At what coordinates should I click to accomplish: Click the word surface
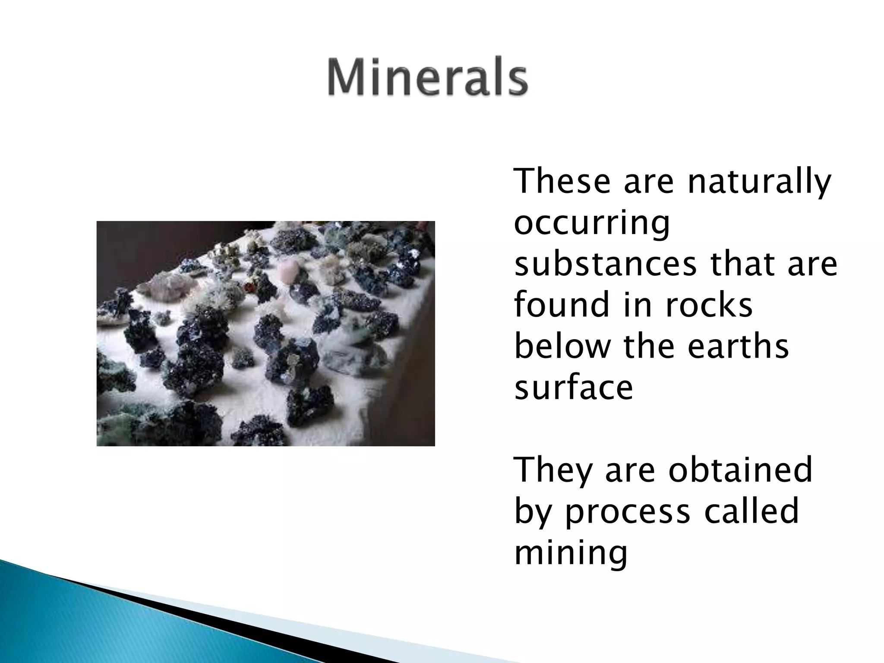tap(573, 387)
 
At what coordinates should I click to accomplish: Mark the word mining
tap(571, 553)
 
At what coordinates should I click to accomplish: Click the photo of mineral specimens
tap(265, 333)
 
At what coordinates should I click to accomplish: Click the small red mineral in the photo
tap(248, 287)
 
